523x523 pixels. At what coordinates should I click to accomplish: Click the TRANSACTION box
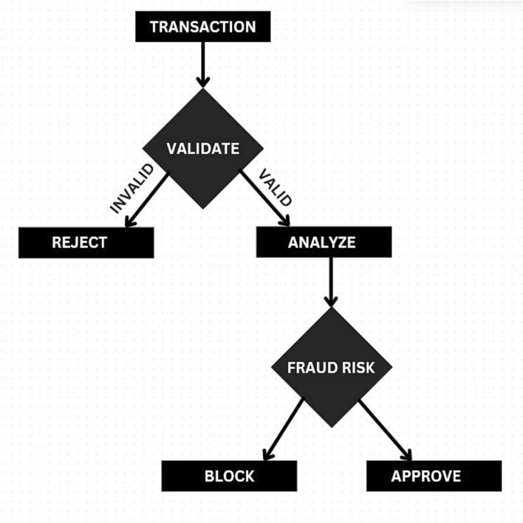coord(202,27)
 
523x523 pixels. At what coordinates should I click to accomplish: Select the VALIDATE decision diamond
coord(202,149)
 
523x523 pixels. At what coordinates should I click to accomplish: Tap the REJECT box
coord(86,243)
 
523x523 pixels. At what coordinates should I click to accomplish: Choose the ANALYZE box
coord(322,243)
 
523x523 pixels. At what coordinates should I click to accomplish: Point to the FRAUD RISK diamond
coord(331,367)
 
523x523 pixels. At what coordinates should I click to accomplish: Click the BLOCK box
coord(229,476)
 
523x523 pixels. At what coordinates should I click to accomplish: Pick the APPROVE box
coord(434,476)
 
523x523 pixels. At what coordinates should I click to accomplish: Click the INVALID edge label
coord(131,189)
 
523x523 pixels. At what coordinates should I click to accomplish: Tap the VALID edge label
coord(276,187)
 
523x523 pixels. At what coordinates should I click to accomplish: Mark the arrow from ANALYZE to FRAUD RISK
coord(331,281)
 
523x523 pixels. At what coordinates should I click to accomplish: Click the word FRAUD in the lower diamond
coord(312,367)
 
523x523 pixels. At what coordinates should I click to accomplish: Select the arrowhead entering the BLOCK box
coord(267,455)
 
